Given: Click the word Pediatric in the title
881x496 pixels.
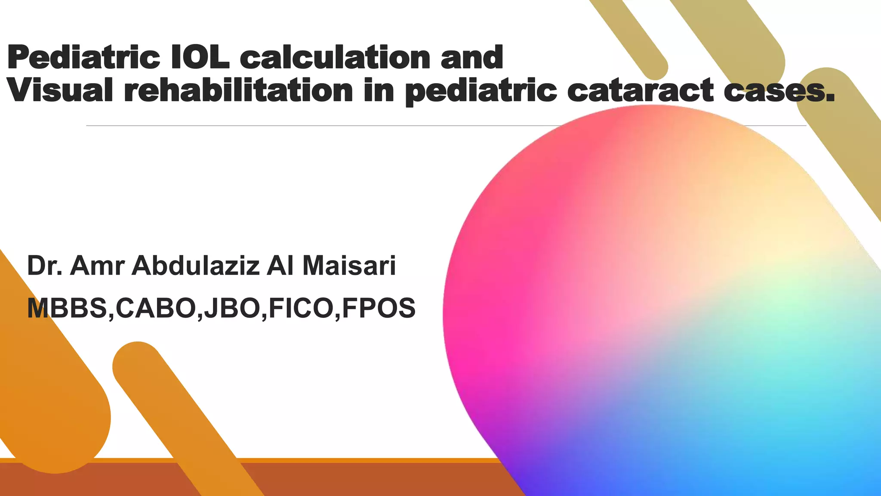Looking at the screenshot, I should (x=84, y=58).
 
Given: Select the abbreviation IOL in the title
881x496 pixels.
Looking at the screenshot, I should (x=200, y=57).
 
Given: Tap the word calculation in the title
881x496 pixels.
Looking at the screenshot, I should (x=335, y=57).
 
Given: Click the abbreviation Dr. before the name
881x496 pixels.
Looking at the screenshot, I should (x=45, y=266).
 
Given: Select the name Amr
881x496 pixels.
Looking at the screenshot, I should (x=97, y=266).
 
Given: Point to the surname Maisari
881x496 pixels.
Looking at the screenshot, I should (x=349, y=266).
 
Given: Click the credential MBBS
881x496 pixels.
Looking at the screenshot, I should (x=67, y=308).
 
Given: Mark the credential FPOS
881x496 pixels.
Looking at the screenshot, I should (x=379, y=308).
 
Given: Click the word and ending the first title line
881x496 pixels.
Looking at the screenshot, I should (x=472, y=57).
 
